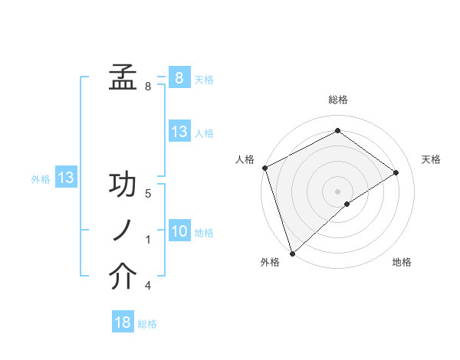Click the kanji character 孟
[x=123, y=77]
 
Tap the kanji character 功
[x=123, y=186]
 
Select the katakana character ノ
[x=123, y=231]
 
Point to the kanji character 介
[x=123, y=277]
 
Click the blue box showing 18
[x=123, y=322]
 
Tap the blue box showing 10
[x=179, y=231]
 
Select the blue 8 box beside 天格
[x=179, y=77]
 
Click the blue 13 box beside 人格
[x=179, y=132]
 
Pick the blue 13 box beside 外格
[x=66, y=178]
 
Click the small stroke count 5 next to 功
[x=148, y=194]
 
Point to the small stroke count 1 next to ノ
[x=148, y=240]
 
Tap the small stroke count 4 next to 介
[x=148, y=286]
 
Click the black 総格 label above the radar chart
[x=337, y=100]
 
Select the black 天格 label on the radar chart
[x=431, y=159]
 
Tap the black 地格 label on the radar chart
[x=402, y=262]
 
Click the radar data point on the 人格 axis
[x=264, y=168]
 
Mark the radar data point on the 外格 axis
[x=292, y=253]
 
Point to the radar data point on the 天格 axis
[x=396, y=172]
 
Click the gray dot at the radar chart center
[x=337, y=191]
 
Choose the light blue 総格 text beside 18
[x=147, y=324]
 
